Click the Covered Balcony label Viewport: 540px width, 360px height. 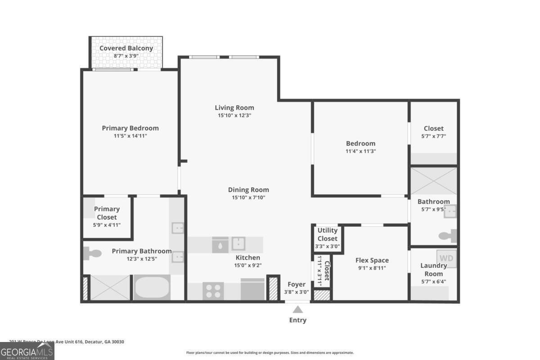click(x=126, y=48)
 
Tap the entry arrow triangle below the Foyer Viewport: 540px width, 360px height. click(x=297, y=309)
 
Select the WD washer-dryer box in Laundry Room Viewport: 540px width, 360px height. click(x=446, y=258)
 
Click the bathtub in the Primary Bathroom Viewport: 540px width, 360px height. click(x=152, y=288)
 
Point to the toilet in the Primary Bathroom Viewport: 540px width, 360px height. click(x=93, y=253)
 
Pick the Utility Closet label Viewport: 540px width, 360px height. click(x=327, y=234)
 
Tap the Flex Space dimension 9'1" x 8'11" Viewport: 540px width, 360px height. click(x=372, y=268)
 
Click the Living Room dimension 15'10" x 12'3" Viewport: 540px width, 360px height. click(x=234, y=115)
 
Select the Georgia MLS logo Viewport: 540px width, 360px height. click(x=27, y=351)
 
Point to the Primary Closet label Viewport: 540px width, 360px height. click(x=107, y=213)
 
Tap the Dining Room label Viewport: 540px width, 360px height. click(x=248, y=190)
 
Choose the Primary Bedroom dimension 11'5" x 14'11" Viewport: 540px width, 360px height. click(x=130, y=135)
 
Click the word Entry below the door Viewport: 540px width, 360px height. click(x=297, y=320)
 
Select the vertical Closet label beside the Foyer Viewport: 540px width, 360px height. click(x=327, y=271)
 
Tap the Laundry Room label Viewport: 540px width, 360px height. click(x=433, y=270)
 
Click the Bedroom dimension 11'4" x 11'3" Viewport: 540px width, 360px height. click(x=360, y=151)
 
